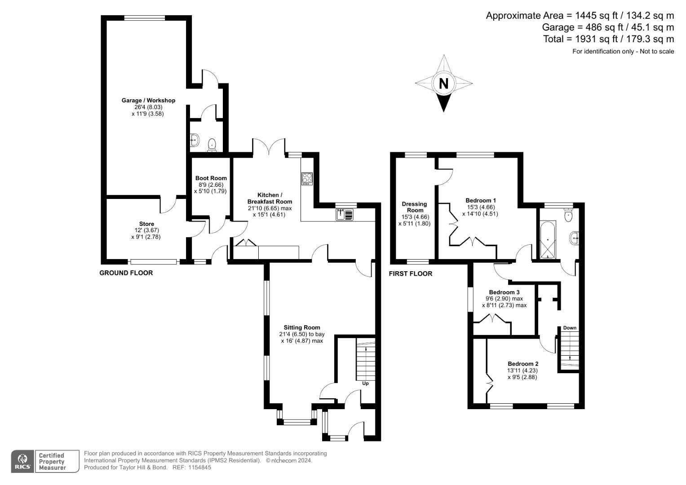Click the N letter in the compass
(x=443, y=84)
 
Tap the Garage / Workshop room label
(x=148, y=101)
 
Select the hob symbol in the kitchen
(x=307, y=179)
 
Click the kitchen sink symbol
(x=345, y=215)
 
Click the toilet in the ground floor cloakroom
(x=212, y=145)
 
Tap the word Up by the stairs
(x=365, y=384)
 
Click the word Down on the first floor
(x=570, y=328)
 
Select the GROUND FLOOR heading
(x=126, y=273)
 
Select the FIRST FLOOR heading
(x=410, y=274)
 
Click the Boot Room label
(x=211, y=178)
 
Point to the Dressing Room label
(x=414, y=207)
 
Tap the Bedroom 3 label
(x=504, y=292)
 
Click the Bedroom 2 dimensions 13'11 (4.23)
(x=522, y=371)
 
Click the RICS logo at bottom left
(x=22, y=461)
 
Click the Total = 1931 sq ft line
(x=608, y=39)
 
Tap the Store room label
(x=146, y=224)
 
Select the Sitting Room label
(x=301, y=327)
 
